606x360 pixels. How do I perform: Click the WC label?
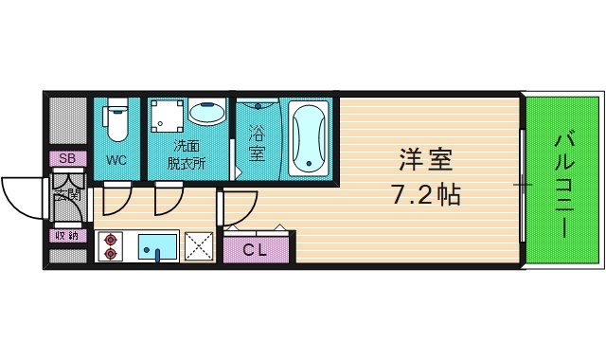pos(116,160)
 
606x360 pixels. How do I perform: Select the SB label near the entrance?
pos(67,158)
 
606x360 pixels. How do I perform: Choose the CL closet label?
pos(255,250)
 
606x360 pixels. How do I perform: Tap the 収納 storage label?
pos(67,235)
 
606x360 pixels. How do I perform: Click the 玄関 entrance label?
pos(67,195)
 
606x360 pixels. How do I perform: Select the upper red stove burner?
pos(111,239)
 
